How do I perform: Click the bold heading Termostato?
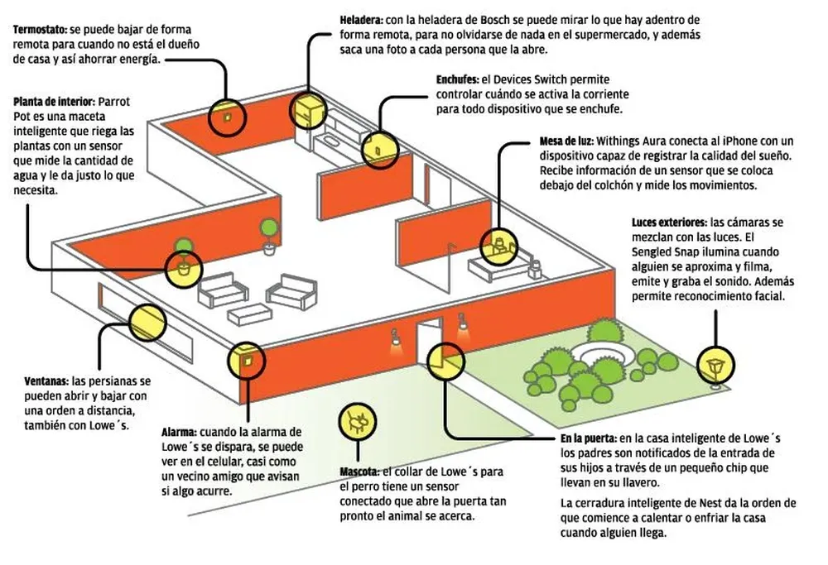(x=41, y=29)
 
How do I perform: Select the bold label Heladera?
(x=361, y=18)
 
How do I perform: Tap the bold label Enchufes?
(x=457, y=80)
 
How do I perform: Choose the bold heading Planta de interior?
(x=54, y=102)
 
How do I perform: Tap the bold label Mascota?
(x=359, y=472)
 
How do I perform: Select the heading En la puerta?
(x=587, y=438)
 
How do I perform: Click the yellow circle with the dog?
(x=358, y=421)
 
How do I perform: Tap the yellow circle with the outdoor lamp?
(x=715, y=363)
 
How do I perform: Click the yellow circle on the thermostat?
(x=225, y=118)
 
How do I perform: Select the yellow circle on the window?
(x=147, y=323)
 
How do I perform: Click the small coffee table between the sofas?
(x=246, y=313)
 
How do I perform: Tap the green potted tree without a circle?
(x=269, y=231)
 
